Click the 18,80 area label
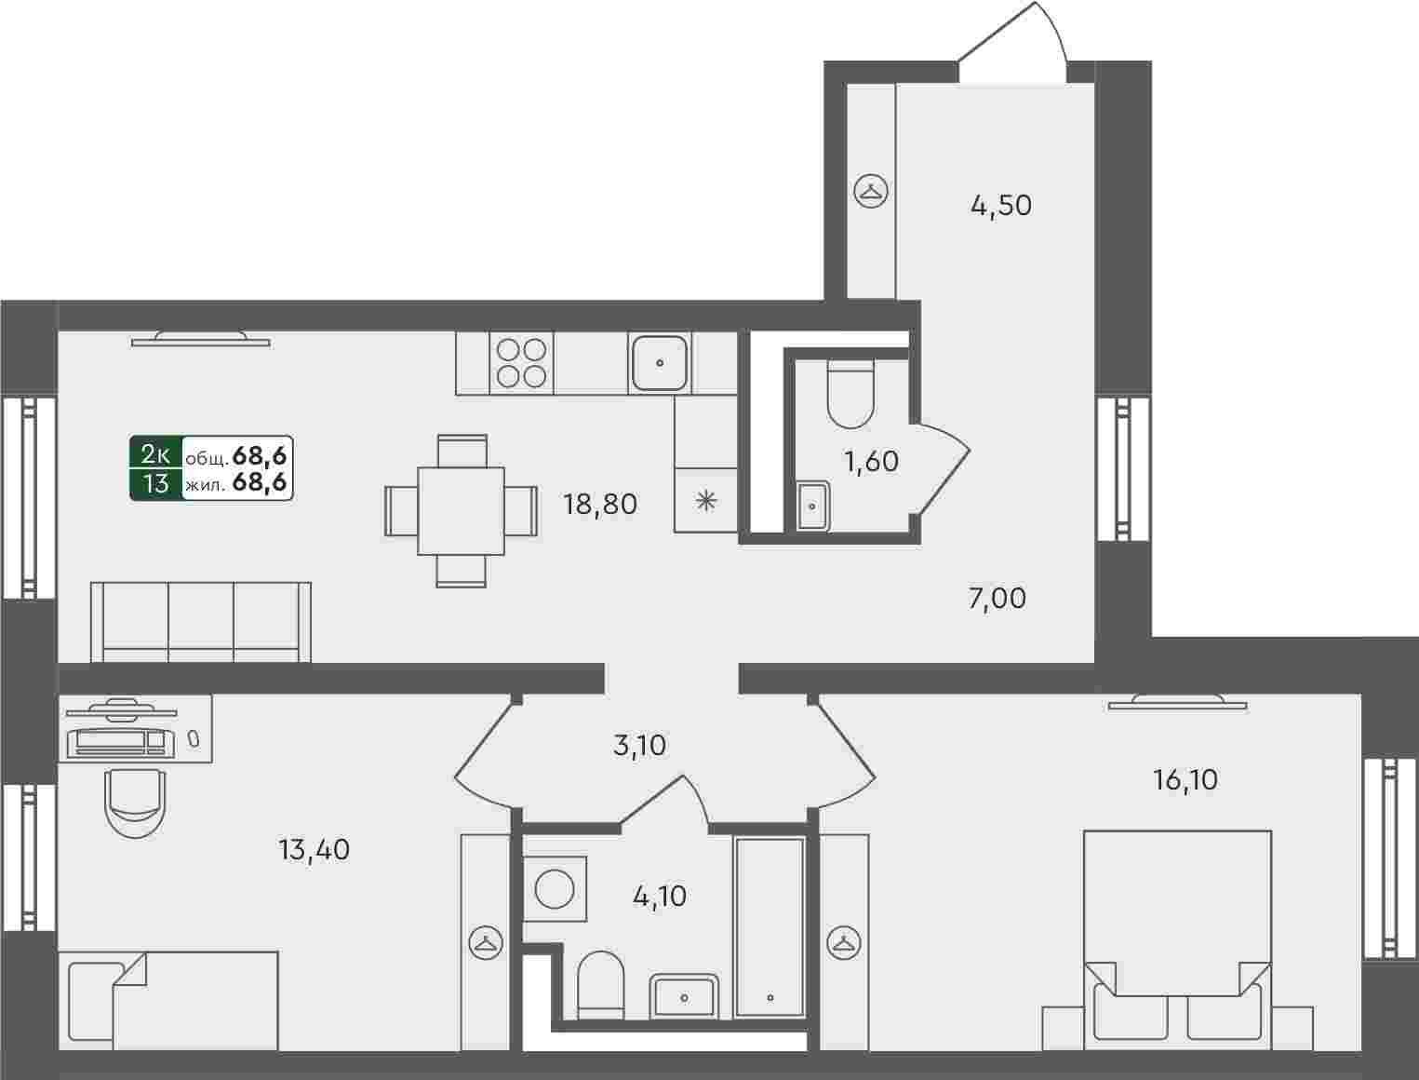pos(600,505)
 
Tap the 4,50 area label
pos(1000,206)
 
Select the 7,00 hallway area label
pos(997,599)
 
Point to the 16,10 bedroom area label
pos(1185,780)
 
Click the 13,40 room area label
pos(315,850)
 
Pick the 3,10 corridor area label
pos(638,746)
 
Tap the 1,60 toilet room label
pos(872,462)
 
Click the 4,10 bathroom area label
pos(660,897)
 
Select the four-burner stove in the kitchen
pos(521,363)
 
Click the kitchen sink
pos(660,363)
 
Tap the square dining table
pos(461,511)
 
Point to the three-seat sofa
pos(200,622)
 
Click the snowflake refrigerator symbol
pos(706,501)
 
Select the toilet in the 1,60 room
pos(850,394)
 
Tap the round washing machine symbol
pos(555,888)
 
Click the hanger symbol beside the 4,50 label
pos(871,192)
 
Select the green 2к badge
pos(155,468)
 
